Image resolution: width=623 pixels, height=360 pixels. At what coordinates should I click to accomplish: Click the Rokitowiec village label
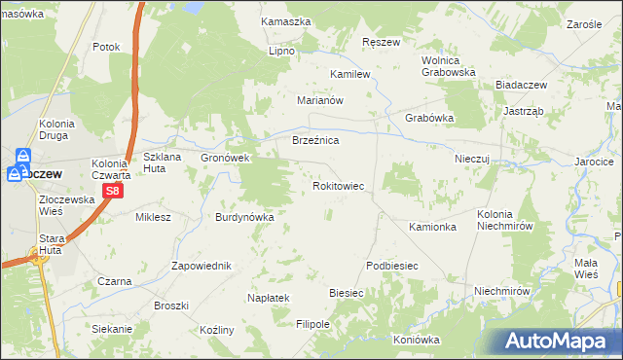[338, 184]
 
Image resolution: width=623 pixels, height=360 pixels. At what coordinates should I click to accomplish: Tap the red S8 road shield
[113, 192]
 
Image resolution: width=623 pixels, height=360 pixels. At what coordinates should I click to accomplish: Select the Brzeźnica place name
[315, 141]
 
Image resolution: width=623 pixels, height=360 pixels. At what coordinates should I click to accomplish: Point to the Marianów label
[321, 100]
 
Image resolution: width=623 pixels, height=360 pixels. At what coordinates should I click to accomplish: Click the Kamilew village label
[351, 74]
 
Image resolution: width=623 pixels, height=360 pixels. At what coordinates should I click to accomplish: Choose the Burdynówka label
[245, 217]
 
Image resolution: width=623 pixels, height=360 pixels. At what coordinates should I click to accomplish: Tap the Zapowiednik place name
[201, 266]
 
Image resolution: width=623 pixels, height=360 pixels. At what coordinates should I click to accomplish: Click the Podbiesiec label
[392, 266]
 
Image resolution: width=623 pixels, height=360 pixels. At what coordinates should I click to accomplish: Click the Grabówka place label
[429, 119]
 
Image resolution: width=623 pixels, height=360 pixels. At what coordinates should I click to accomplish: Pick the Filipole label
[313, 323]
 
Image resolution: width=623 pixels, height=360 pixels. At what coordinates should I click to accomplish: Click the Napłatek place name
[270, 298]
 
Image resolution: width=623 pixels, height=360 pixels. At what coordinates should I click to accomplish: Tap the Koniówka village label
[417, 340]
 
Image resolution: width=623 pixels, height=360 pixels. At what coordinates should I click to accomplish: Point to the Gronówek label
[226, 158]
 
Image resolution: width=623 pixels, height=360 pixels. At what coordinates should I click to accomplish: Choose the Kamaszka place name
[286, 20]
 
